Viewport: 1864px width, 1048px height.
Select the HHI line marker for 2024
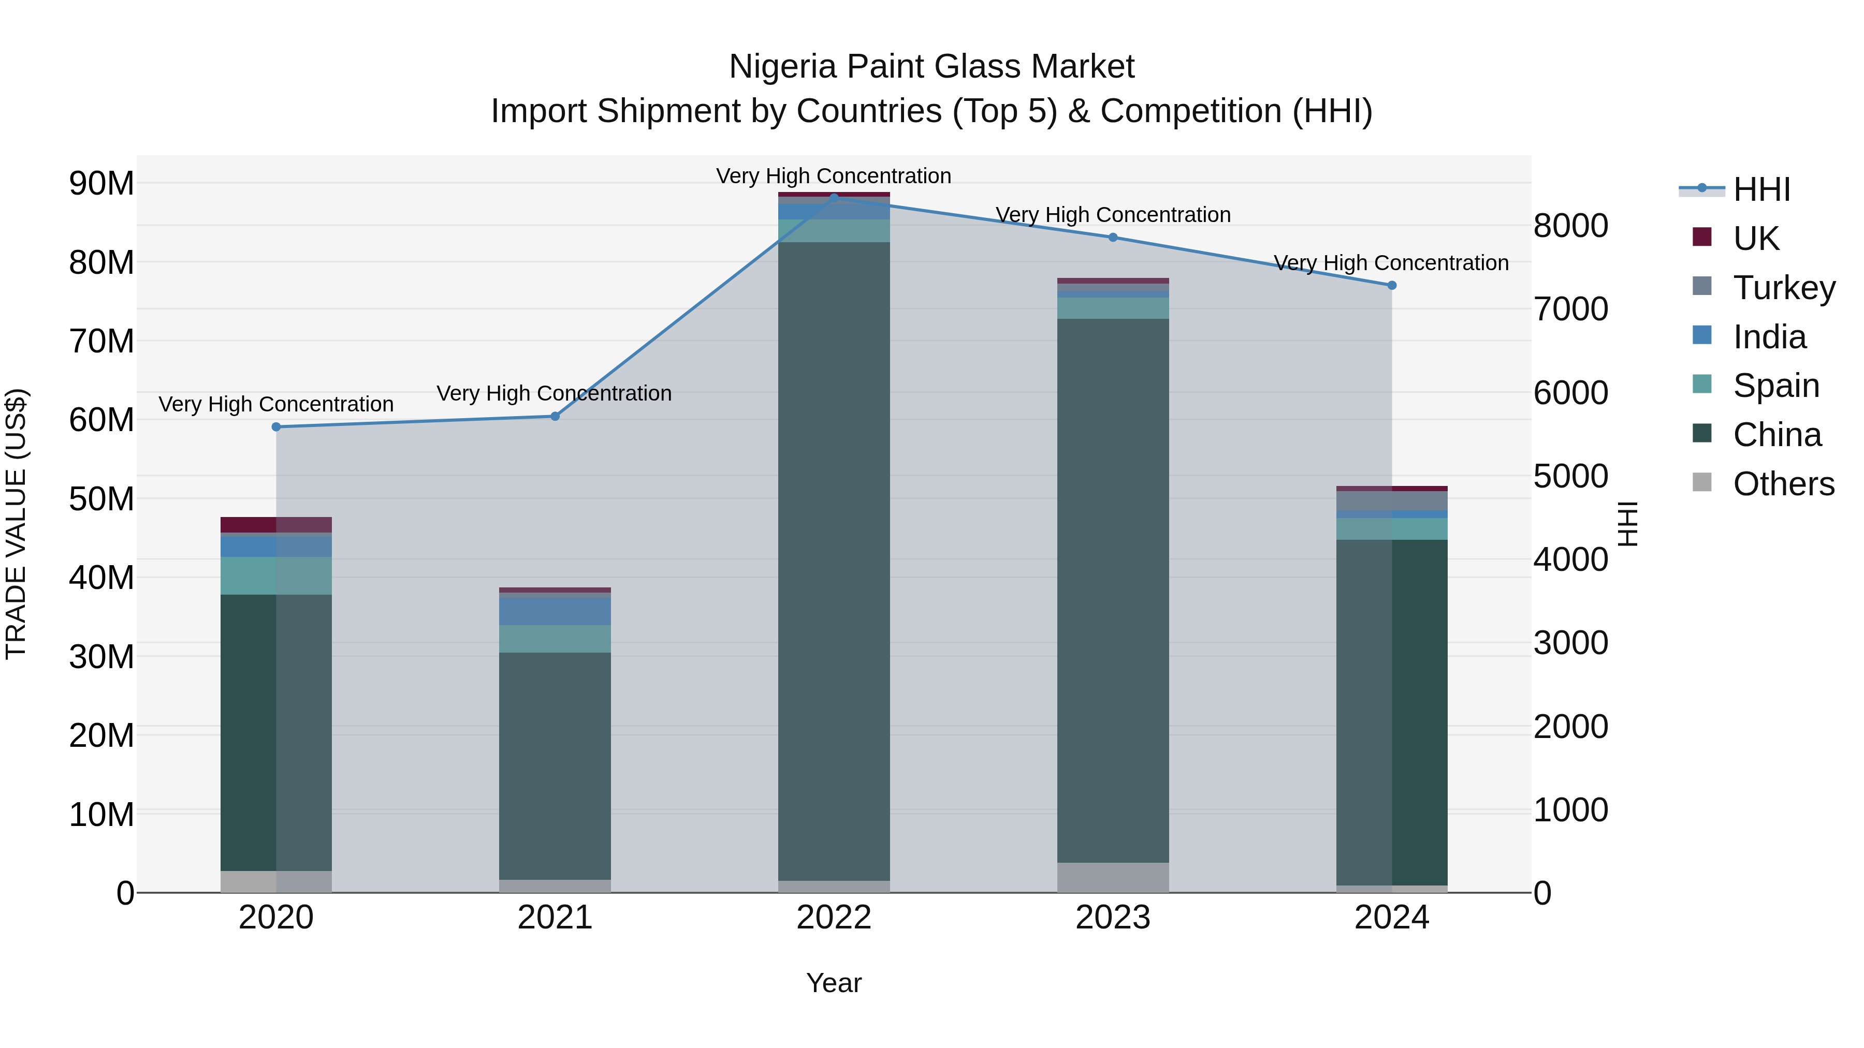(x=1391, y=285)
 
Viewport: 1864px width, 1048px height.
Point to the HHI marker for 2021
(x=555, y=416)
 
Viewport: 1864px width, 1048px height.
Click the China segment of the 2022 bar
(x=834, y=560)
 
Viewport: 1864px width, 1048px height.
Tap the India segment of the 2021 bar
(x=555, y=611)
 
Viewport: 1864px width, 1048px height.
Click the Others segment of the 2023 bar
(x=1112, y=877)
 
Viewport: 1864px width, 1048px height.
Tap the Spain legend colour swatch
(x=1702, y=385)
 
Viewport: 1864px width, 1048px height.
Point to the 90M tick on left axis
(x=101, y=183)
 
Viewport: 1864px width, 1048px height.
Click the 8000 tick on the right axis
(x=1571, y=226)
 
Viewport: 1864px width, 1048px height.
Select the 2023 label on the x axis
(x=1112, y=917)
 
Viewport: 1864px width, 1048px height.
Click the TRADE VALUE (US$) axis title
(x=16, y=524)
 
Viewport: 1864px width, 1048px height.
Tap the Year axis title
(x=834, y=983)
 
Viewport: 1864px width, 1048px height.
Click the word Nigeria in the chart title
(x=783, y=67)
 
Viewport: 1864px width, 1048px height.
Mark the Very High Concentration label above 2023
(x=1112, y=215)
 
